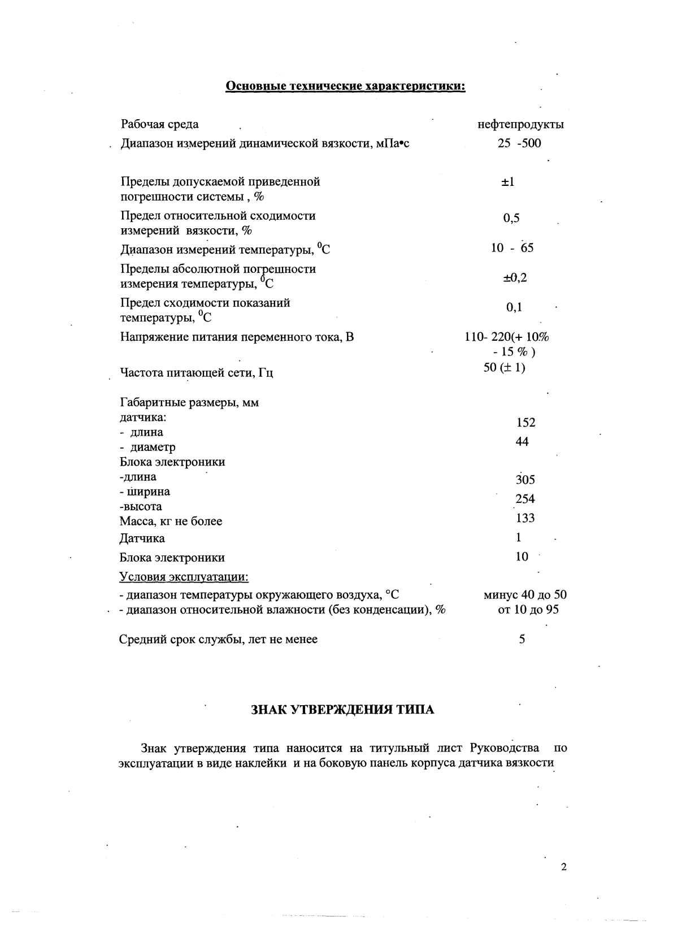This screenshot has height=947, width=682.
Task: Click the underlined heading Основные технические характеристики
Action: point(345,86)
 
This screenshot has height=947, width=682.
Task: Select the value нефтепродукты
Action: point(520,124)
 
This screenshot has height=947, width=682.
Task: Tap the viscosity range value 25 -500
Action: point(519,143)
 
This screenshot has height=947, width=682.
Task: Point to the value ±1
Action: point(507,182)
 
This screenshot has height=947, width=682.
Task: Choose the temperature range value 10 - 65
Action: point(512,247)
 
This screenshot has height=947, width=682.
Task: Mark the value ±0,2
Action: point(515,278)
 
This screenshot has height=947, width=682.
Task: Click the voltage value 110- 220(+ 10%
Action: point(506,337)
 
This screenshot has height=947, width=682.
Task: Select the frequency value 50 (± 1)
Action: point(505,367)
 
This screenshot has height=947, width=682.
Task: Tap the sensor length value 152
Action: point(525,423)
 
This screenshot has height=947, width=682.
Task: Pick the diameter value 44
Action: point(522,441)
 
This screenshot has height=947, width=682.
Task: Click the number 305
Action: point(525,480)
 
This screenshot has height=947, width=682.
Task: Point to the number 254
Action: point(525,499)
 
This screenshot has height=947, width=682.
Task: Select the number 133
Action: point(525,518)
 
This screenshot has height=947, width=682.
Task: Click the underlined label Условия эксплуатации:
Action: point(184,577)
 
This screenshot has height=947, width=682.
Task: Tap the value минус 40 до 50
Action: point(525,595)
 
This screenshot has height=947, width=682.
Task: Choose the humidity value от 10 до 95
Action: point(528,610)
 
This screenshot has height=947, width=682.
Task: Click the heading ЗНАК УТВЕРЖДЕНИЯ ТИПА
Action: point(342,710)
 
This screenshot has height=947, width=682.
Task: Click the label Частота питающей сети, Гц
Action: point(197,373)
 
